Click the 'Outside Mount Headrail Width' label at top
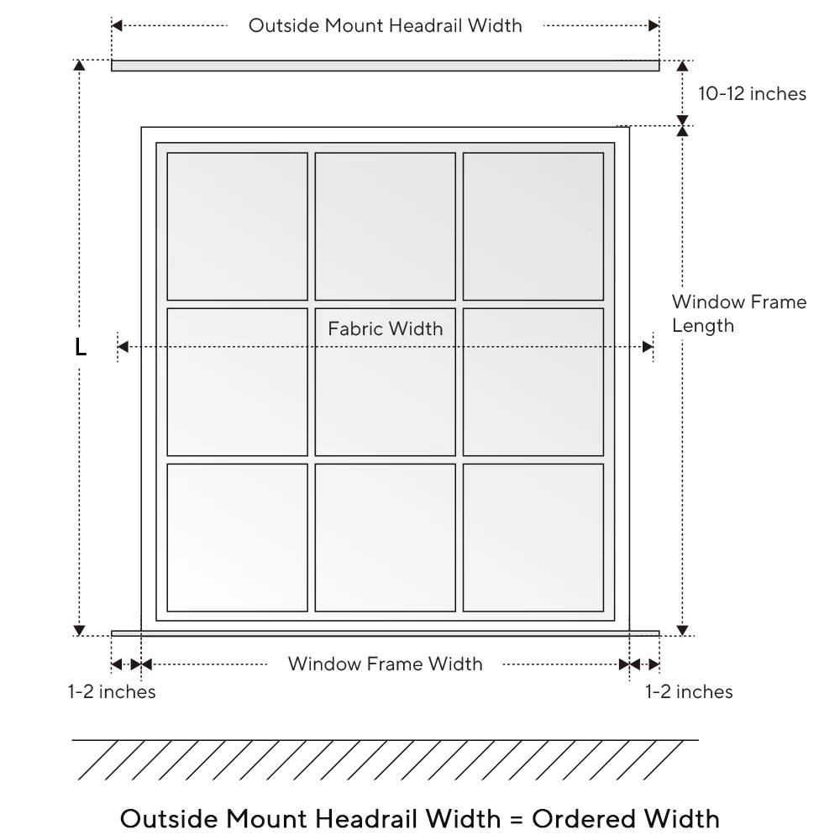385,26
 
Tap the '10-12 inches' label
752,94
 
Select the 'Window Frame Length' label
738,313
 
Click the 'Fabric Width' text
385,328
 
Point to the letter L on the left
81,347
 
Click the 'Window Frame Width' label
385,664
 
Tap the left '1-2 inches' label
112,692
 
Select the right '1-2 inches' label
689,692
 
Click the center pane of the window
386,395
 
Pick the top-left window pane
238,226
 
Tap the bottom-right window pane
533,538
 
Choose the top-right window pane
533,226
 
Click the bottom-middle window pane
386,538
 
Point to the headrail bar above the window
385,66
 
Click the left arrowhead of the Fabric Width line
123,347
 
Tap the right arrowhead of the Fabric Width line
648,347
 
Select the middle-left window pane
238,382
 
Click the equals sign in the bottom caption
517,819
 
